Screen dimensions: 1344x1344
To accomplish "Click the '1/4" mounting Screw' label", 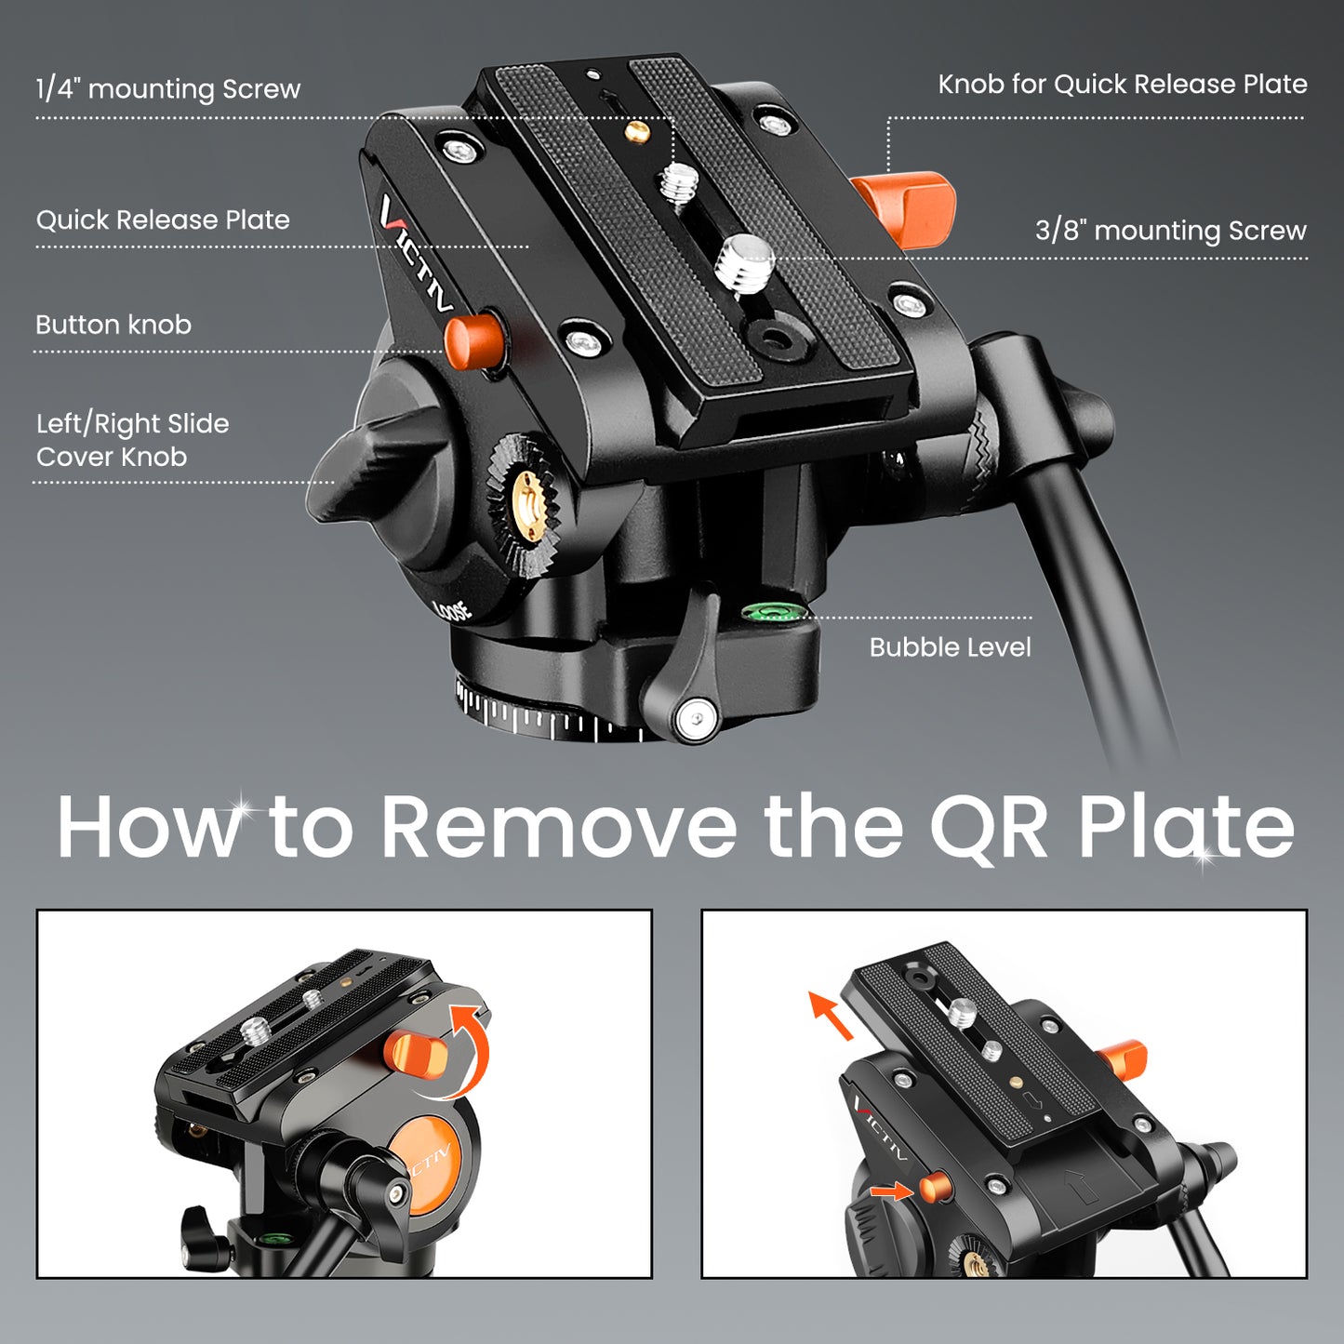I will point(168,89).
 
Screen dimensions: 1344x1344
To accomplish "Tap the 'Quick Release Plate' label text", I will point(163,220).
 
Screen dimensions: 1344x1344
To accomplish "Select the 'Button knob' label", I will point(113,326).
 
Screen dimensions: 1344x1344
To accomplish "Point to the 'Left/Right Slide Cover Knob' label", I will point(132,440).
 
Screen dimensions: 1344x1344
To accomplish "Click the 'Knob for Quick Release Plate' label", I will point(1122,85).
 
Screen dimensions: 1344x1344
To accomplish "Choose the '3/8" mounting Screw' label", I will point(1170,231).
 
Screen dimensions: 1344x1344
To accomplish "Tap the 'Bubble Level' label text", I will point(950,647).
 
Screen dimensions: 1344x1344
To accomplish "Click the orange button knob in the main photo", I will point(473,339).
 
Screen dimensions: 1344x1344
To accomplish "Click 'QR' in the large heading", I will point(988,827).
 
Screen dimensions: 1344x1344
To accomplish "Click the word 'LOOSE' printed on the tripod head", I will point(453,610).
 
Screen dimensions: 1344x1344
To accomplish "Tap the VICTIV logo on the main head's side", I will point(416,251).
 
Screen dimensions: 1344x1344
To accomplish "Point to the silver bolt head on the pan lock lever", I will point(697,718).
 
